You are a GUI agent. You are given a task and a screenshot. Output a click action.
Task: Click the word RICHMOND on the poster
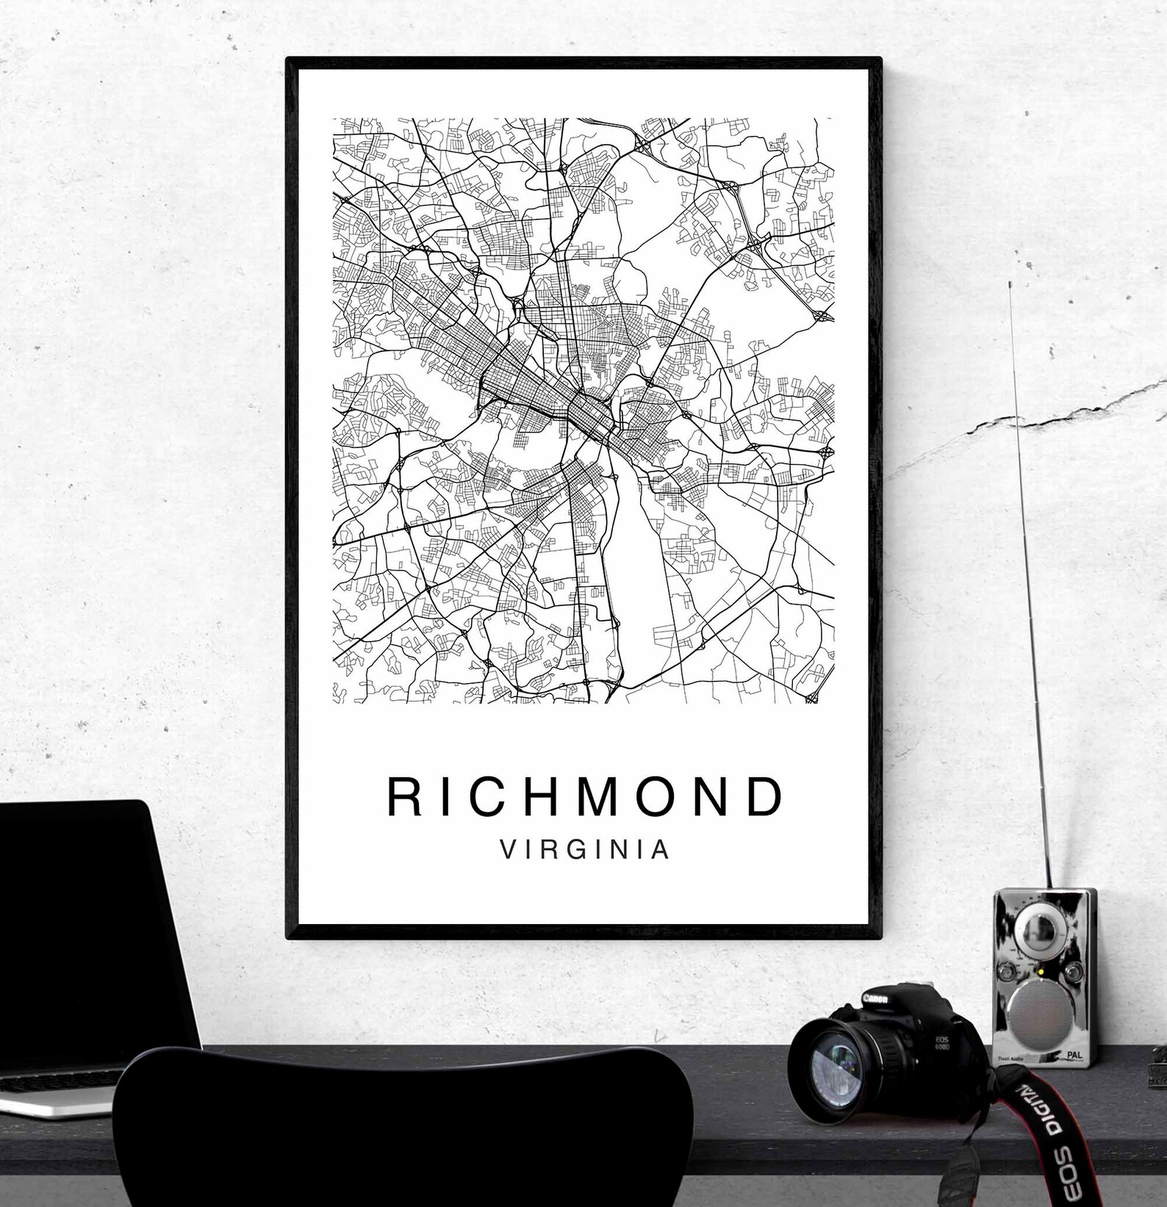[x=585, y=797]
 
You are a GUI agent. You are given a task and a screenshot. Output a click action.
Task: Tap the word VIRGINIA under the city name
[x=585, y=850]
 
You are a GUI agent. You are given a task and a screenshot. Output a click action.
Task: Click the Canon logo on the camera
[x=874, y=999]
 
